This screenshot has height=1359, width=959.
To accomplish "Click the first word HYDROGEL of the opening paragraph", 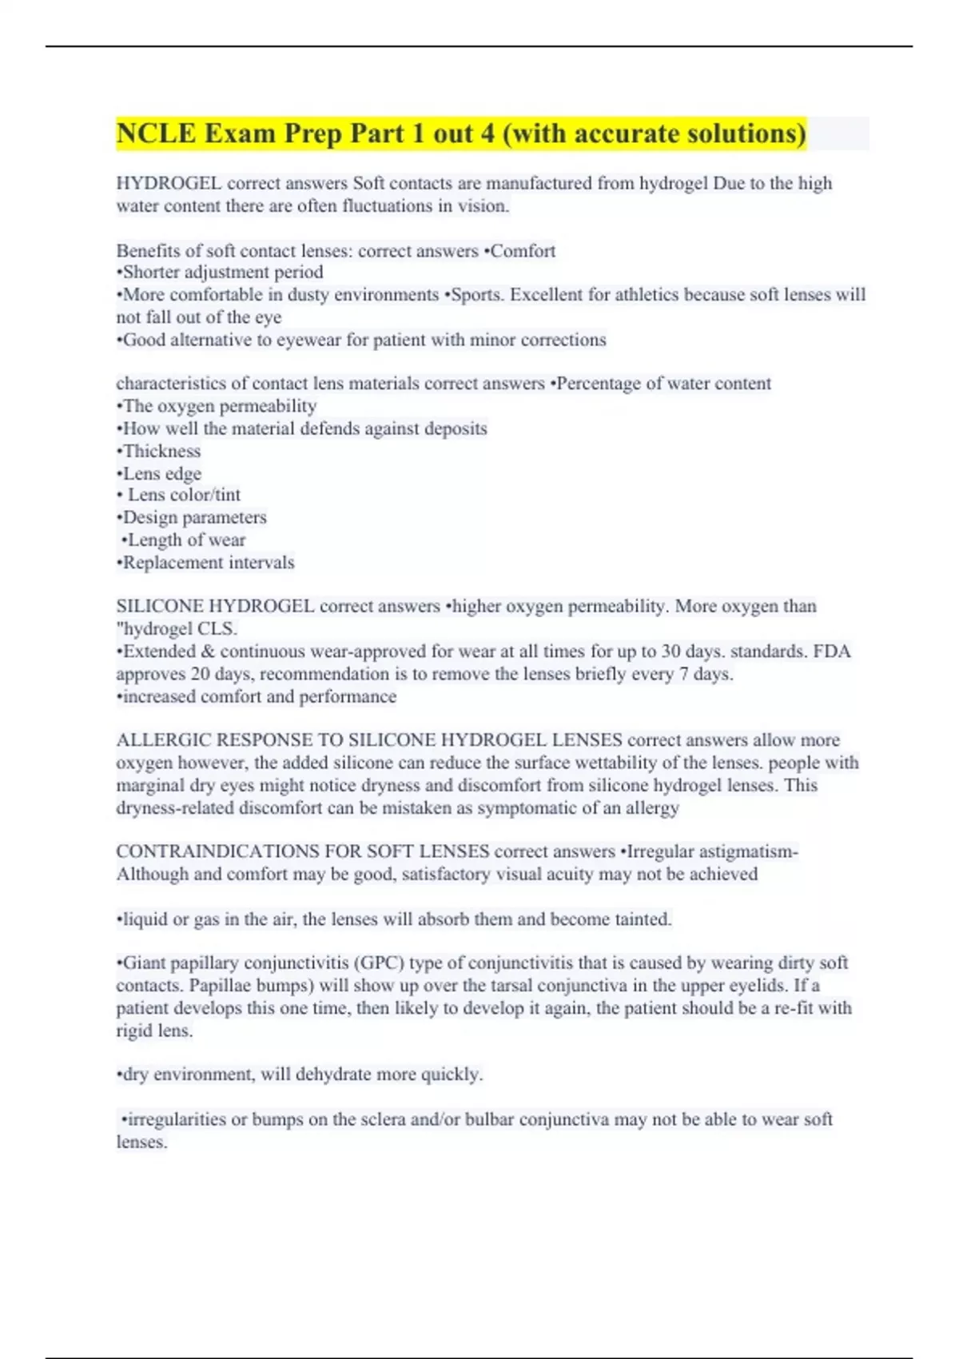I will [x=169, y=183].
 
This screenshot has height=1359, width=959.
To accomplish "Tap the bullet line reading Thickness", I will [x=161, y=451].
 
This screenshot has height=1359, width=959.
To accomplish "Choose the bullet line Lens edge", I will [x=161, y=473].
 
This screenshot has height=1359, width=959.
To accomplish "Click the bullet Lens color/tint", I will [x=183, y=495].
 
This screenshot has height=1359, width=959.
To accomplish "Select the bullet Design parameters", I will [x=194, y=517].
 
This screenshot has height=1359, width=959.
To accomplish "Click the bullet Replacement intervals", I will [x=208, y=563].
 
